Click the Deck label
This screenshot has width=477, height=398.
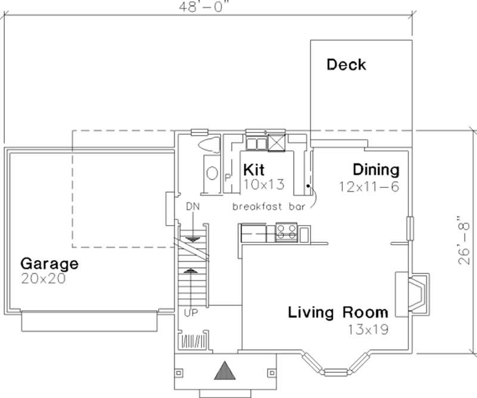(x=346, y=64)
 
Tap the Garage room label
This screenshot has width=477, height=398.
(x=49, y=263)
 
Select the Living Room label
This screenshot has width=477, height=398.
(x=338, y=312)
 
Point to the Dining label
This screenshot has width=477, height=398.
(x=375, y=170)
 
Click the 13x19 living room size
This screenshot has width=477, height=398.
(x=369, y=328)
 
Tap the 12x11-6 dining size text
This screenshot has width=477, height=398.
(x=368, y=186)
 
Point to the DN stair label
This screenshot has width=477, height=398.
(x=192, y=206)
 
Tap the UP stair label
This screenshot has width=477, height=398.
(x=192, y=312)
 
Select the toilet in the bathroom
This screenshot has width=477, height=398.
(x=209, y=145)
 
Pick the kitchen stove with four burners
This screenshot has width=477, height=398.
(x=286, y=232)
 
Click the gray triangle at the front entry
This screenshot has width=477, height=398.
(x=225, y=371)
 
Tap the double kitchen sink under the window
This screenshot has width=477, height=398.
(x=258, y=143)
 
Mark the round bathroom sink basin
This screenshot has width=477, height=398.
(x=212, y=173)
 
